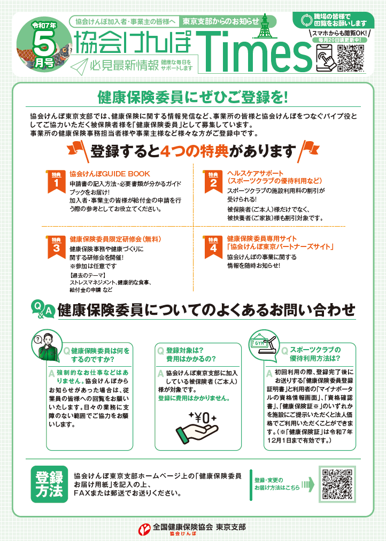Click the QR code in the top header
point(351,58)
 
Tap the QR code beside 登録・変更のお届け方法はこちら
point(337,484)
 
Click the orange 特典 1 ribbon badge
point(56,181)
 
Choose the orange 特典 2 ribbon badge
point(213,181)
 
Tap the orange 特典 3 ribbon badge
point(56,246)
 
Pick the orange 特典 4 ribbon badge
point(213,246)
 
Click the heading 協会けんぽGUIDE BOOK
point(110,174)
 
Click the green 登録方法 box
point(49,484)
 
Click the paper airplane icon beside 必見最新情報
point(79,66)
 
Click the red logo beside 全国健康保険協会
point(144,529)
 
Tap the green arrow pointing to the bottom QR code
point(308,484)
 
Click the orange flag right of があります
point(308,150)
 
